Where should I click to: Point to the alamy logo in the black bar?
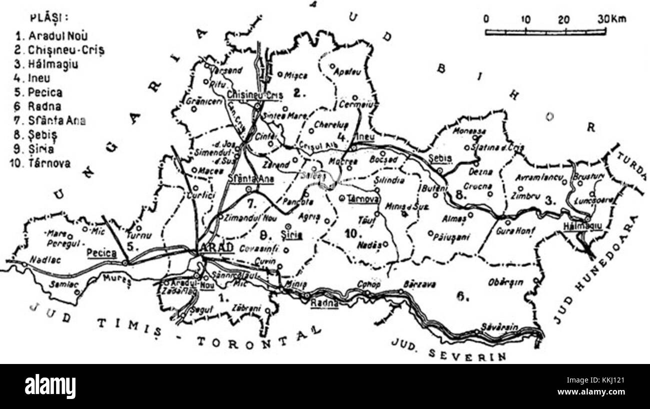pos(50,386)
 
